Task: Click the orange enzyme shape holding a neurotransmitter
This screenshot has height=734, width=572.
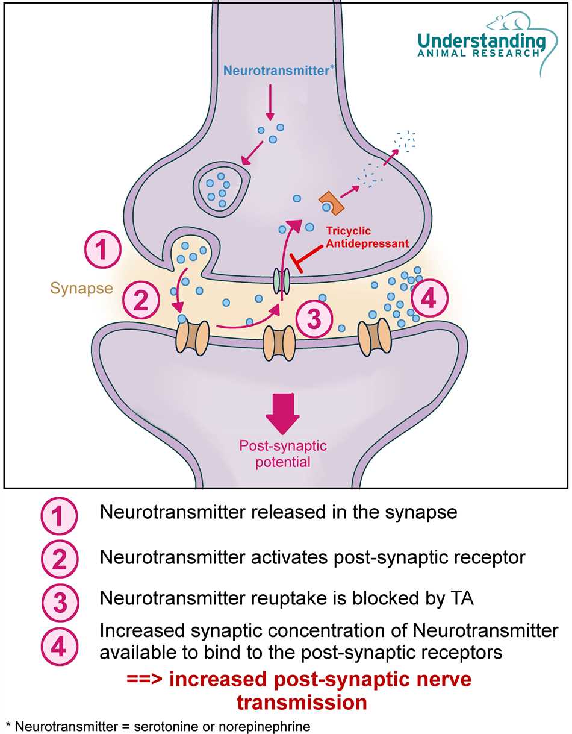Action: [x=331, y=203]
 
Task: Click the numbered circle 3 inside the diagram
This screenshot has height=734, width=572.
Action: [x=314, y=319]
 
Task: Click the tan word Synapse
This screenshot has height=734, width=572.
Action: [x=81, y=288]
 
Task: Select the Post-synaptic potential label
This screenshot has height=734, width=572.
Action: [x=283, y=454]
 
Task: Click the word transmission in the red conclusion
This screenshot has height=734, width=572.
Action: [x=302, y=702]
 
